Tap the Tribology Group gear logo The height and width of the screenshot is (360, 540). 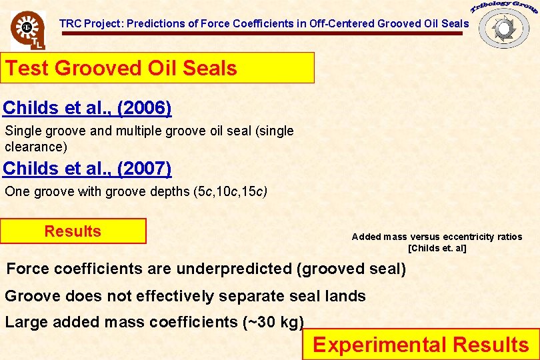point(504,27)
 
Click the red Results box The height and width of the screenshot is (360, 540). point(73,231)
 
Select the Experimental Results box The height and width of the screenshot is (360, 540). point(421,345)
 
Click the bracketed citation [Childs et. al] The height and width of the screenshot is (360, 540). point(437,249)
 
